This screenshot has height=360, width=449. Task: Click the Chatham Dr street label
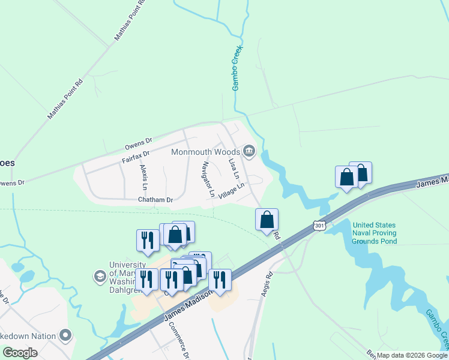[x=155, y=199]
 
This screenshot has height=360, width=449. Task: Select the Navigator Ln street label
[x=208, y=179]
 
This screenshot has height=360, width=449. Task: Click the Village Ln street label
[x=232, y=191]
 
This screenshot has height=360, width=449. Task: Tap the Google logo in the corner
[x=20, y=353]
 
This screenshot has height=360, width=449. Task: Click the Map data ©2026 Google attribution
[x=412, y=355]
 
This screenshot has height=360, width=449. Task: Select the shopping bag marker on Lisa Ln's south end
[x=267, y=220]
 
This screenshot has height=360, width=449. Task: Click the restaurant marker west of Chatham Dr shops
[x=147, y=240]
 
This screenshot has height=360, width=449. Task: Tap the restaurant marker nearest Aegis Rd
[x=220, y=280]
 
